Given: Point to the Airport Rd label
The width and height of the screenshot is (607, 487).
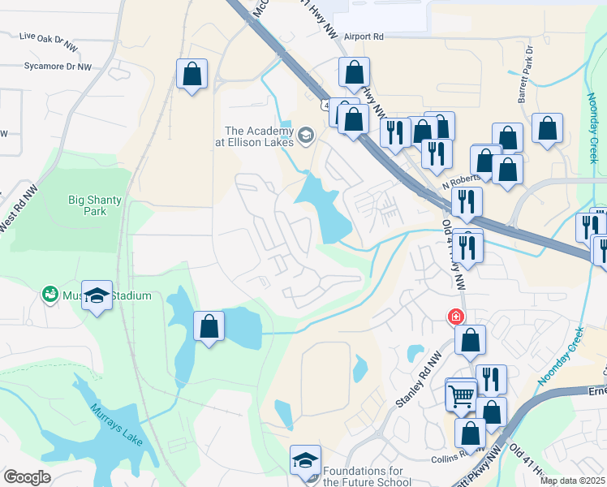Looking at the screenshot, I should [363, 37].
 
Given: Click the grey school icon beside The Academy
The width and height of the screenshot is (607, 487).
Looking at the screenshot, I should [306, 134].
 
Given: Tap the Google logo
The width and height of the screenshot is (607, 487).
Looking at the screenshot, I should [27, 477].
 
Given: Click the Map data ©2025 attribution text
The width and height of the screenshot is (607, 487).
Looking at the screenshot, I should [572, 481].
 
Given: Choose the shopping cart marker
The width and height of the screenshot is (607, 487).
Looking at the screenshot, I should [462, 397].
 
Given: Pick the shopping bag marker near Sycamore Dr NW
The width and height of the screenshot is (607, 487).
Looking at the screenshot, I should [192, 75].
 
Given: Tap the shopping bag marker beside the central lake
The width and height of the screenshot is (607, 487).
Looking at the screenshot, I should [209, 327].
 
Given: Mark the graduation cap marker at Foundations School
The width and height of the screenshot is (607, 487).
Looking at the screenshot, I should [306, 461].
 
